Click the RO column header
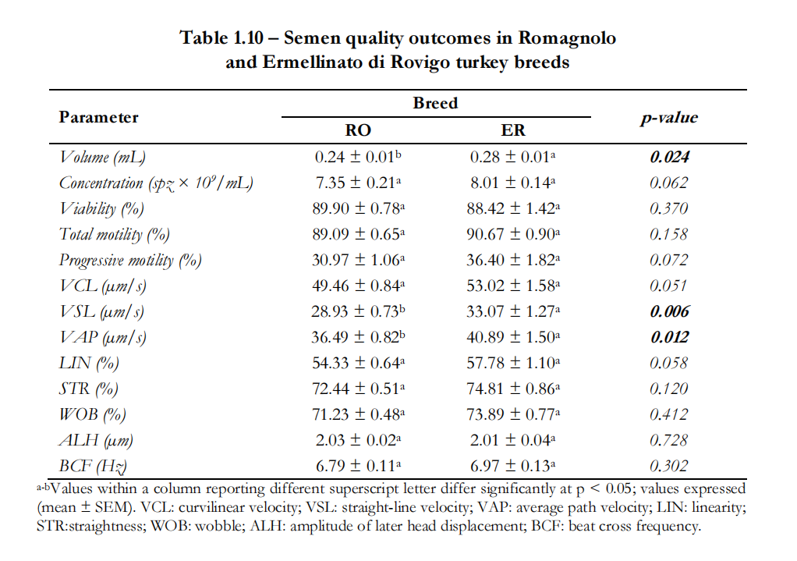click(358, 130)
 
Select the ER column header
click(513, 130)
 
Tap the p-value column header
click(669, 118)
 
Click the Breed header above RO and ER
click(435, 103)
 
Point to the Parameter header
click(98, 117)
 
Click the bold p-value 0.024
click(669, 157)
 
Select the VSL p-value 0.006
click(669, 311)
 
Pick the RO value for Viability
click(359, 208)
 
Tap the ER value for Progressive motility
click(513, 260)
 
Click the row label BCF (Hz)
click(93, 466)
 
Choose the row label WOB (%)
click(93, 414)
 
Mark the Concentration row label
click(156, 183)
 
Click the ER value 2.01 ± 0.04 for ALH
click(513, 440)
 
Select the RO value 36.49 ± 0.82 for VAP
click(359, 337)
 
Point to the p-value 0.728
click(669, 440)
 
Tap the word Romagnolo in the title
click(567, 38)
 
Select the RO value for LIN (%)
click(359, 363)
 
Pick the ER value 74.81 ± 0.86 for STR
click(513, 389)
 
